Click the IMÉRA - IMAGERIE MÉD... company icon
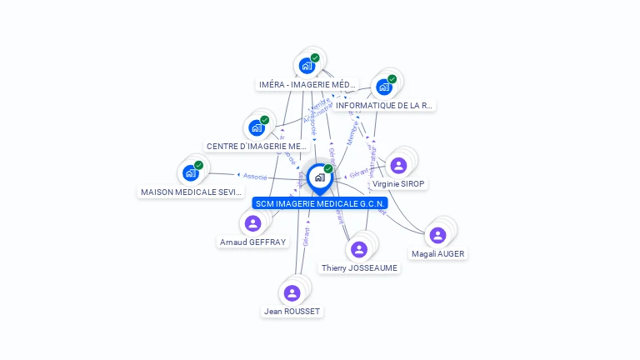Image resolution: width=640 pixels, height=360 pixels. point(307,66)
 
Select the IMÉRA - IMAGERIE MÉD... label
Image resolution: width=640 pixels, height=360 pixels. point(307,84)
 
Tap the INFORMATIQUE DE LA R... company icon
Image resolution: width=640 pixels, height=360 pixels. point(383,87)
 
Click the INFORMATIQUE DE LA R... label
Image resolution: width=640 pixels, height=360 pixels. point(384,106)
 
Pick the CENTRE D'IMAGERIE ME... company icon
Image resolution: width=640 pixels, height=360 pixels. point(256,128)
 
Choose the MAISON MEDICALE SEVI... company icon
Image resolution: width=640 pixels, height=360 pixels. point(190,173)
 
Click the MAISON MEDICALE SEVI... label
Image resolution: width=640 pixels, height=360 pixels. point(192,192)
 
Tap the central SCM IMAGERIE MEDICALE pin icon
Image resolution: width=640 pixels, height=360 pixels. point(319,177)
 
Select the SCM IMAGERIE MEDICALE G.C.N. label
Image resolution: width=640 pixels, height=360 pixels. point(320,203)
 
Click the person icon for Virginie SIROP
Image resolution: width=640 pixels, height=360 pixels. point(398,165)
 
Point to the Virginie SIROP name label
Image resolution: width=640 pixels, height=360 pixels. point(398,183)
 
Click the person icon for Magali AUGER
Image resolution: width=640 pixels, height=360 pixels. point(437,235)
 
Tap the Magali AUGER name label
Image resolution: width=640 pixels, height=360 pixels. point(438,253)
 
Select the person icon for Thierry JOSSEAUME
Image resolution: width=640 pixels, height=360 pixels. point(358,249)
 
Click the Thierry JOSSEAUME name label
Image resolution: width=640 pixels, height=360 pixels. point(359,267)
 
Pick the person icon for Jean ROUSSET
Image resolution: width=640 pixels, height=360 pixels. point(292,292)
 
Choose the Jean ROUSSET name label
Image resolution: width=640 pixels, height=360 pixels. point(292,311)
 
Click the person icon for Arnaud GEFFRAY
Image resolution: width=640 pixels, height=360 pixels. point(252,223)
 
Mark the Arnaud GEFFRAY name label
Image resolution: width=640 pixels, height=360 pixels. point(252,242)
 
